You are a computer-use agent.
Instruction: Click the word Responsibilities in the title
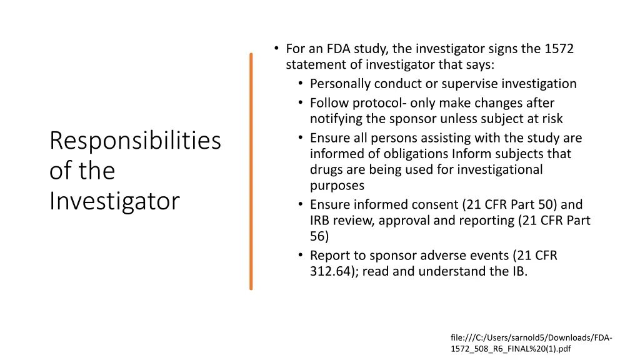pos(135,141)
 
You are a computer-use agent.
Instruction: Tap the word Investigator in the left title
pos(114,201)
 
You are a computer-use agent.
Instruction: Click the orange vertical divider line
pos(251,171)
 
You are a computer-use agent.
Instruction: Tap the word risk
pos(549,119)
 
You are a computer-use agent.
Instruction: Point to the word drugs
pos(326,169)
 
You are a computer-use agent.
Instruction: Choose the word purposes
pos(337,186)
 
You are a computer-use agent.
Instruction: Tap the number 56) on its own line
pos(319,236)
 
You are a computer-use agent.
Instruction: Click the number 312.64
pos(329,271)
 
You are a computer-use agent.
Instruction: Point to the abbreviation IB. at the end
pos(519,271)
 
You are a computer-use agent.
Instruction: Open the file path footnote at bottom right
pos(531,343)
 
